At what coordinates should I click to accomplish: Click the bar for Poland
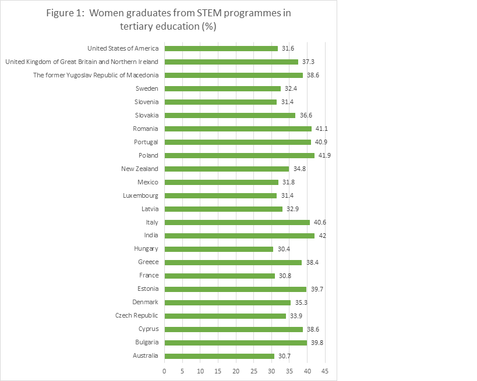(x=239, y=155)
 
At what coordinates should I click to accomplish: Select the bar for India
(x=239, y=236)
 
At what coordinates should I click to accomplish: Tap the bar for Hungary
(x=219, y=249)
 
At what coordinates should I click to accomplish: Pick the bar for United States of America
(x=221, y=48)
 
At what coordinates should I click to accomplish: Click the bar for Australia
(x=220, y=356)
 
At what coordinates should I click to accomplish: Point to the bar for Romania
(x=238, y=129)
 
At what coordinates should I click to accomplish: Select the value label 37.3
(x=309, y=62)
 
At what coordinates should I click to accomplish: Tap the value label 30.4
(x=284, y=249)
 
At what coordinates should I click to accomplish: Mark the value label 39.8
(x=317, y=343)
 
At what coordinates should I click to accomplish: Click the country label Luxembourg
(x=140, y=195)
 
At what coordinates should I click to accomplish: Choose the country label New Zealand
(x=139, y=169)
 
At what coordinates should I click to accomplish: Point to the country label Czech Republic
(x=137, y=316)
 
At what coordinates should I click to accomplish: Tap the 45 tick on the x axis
(x=325, y=371)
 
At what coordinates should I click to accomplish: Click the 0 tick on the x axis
(x=165, y=371)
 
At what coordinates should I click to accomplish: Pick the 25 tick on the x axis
(x=254, y=371)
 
